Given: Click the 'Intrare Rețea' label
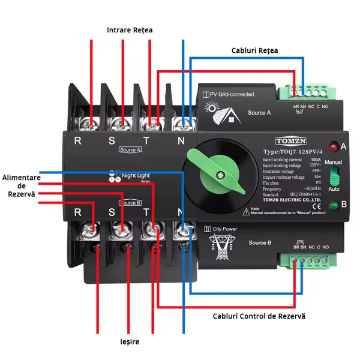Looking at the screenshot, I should (x=130, y=29).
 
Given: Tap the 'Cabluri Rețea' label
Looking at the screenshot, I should (x=254, y=50).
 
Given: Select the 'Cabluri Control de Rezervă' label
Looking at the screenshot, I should (x=259, y=316).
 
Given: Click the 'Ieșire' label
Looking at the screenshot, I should (x=129, y=341).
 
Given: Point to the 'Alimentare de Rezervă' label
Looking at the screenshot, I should (x=21, y=186).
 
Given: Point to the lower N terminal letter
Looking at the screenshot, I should (x=181, y=212).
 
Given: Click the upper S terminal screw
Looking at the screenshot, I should (x=122, y=124).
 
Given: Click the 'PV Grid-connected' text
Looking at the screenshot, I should (x=230, y=94).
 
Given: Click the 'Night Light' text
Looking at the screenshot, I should (x=136, y=176).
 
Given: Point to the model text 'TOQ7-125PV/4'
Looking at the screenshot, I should (x=293, y=152).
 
